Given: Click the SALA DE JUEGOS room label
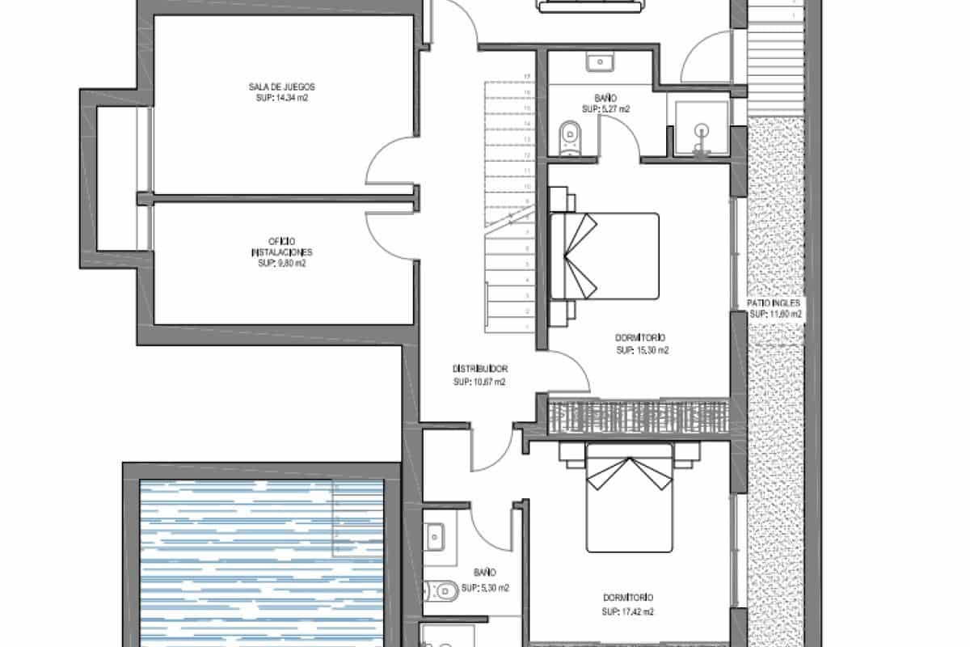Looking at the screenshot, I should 281,87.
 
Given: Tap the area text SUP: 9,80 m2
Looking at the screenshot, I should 281,264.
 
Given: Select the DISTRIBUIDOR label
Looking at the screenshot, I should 479,370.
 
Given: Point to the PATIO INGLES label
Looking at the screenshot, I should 775,303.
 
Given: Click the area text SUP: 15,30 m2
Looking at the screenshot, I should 643,351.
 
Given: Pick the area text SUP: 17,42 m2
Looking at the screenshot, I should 627,611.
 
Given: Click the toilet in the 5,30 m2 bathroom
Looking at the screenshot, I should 441,592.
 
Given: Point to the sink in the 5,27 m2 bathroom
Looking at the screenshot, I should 600,61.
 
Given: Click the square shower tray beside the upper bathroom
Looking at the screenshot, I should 700,129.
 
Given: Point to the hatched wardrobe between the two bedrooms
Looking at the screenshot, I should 639,417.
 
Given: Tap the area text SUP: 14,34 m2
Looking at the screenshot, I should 281,97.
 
